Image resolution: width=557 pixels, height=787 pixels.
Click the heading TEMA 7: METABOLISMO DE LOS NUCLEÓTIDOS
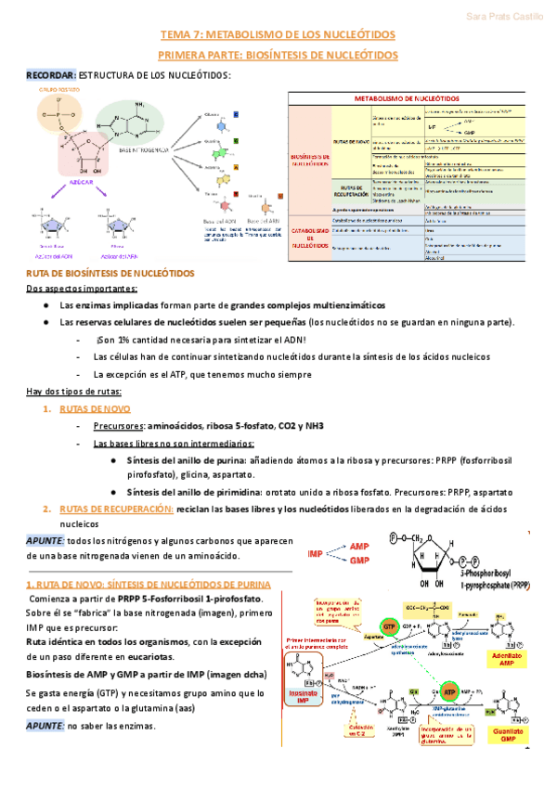[x=278, y=35]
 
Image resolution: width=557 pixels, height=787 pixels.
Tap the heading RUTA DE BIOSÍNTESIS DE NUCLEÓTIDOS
[x=110, y=274]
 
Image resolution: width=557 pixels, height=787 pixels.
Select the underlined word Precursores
[x=116, y=425]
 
